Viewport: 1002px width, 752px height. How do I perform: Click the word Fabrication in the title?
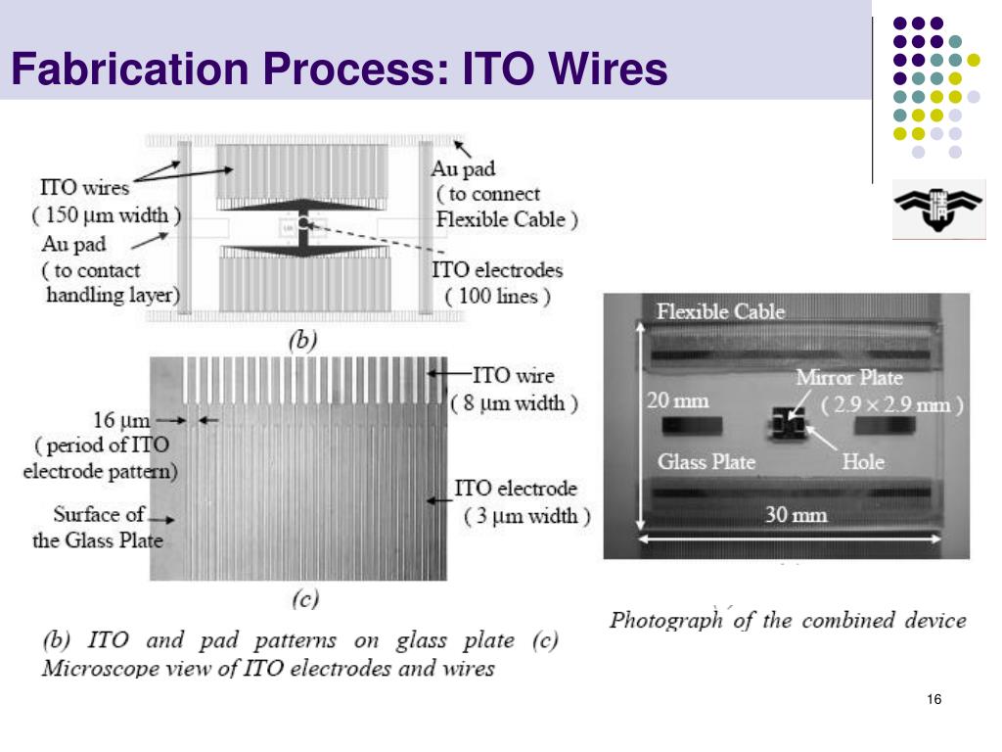(130, 69)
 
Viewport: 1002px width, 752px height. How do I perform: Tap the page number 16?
(934, 699)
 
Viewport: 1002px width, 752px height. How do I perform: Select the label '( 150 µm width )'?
(107, 214)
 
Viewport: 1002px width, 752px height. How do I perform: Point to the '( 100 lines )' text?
(497, 297)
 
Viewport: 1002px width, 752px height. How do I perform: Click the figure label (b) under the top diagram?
(303, 340)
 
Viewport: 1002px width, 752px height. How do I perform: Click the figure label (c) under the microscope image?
(305, 598)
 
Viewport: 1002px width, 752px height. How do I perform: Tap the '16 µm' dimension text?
(121, 420)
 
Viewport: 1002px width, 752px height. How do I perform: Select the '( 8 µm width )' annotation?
(514, 403)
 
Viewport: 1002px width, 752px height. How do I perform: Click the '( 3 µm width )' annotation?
(527, 516)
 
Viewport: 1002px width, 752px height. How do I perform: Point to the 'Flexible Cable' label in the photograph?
(720, 311)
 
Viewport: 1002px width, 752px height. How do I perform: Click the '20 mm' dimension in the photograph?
(677, 400)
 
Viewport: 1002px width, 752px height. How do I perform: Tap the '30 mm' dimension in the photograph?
(796, 515)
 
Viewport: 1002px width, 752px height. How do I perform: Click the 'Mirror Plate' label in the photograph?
(849, 377)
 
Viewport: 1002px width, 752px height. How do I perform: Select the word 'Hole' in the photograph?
(863, 461)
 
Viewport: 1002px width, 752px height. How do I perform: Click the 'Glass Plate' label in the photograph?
(706, 461)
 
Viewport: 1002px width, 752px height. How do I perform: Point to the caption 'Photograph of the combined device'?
(788, 620)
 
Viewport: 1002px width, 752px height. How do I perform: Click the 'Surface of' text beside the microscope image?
(99, 514)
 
